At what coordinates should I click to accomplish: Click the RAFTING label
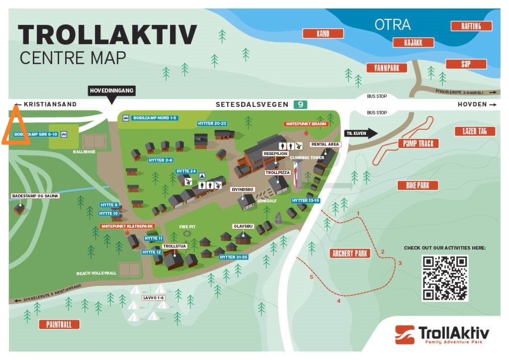tap(471, 26)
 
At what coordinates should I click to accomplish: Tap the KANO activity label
tap(323, 34)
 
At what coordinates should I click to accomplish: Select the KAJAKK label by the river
tap(413, 43)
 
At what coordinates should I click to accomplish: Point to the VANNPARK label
tap(387, 68)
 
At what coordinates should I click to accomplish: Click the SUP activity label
tap(466, 64)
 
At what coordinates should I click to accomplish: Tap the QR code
tap(445, 278)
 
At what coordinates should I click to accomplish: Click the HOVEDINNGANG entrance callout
tap(112, 91)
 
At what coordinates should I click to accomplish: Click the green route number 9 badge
tap(300, 104)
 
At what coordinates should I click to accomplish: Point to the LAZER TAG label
tap(475, 131)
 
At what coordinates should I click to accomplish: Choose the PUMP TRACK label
tap(419, 144)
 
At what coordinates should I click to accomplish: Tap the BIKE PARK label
tap(418, 185)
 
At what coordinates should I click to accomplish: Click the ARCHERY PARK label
tap(350, 254)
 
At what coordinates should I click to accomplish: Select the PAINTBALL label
tap(63, 325)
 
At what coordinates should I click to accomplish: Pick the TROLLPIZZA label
tap(277, 173)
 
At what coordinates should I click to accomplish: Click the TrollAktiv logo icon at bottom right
tap(405, 334)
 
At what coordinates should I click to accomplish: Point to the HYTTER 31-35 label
tap(234, 257)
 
